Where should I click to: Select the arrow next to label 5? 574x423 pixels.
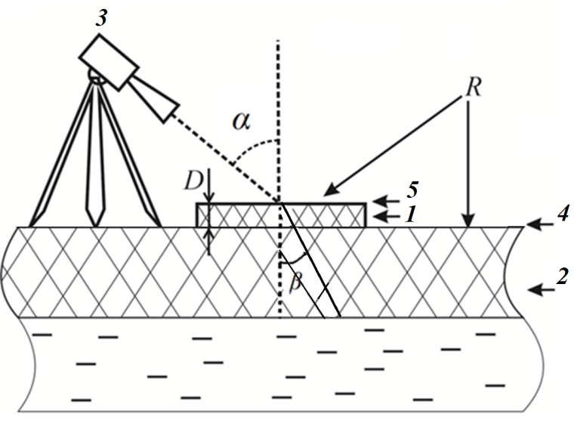[x=385, y=200]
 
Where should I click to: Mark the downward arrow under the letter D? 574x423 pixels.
[x=209, y=194]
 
